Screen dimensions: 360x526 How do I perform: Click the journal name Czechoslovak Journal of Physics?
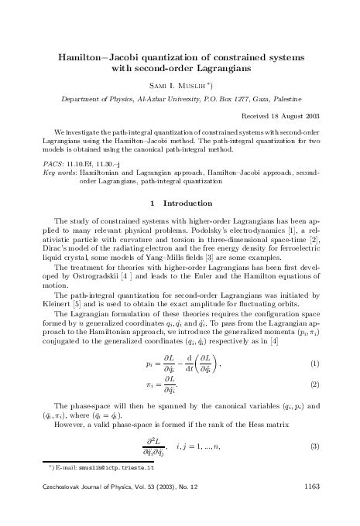pos(83,507)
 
